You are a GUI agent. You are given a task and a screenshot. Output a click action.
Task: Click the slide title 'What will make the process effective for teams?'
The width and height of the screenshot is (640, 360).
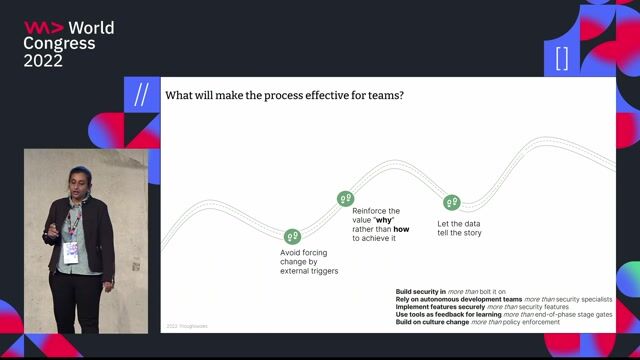click(x=283, y=96)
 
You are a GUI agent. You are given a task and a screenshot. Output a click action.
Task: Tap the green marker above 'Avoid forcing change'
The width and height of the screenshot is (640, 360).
click(x=292, y=236)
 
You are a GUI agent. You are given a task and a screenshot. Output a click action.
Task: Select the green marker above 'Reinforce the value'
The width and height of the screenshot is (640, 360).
click(x=345, y=199)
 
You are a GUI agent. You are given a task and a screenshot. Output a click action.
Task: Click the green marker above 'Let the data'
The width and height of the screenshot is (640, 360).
click(x=451, y=203)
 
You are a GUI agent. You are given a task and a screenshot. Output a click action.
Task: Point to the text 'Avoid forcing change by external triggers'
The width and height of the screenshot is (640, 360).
click(x=309, y=262)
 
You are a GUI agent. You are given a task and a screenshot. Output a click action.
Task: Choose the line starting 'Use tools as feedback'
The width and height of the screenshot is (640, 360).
click(x=504, y=315)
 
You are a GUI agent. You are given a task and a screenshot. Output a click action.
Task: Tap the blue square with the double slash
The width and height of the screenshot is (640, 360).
click(x=141, y=94)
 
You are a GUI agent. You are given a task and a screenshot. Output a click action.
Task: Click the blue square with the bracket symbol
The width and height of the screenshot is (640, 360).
click(x=561, y=58)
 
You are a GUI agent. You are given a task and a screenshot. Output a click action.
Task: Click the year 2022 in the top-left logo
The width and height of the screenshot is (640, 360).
click(x=45, y=61)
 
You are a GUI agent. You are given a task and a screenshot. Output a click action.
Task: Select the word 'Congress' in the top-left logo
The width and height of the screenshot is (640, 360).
click(x=60, y=44)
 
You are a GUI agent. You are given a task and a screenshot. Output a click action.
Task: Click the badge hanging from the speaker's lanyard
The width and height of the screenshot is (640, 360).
click(x=72, y=252)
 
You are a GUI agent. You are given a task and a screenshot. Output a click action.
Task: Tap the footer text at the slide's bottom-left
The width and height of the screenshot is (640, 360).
click(x=186, y=325)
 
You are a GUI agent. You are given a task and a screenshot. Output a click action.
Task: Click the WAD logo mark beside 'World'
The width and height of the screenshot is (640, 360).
click(x=43, y=28)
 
